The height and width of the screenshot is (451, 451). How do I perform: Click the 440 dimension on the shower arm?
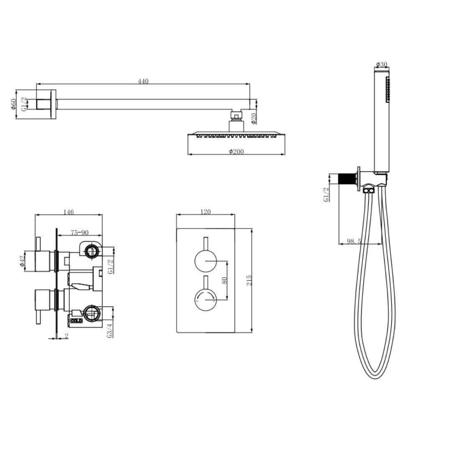(x=143, y=81)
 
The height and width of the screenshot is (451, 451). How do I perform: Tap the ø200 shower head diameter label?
(x=236, y=152)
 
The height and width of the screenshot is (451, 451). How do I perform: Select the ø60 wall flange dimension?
(x=14, y=104)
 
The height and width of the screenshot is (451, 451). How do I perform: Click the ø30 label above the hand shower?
(x=382, y=64)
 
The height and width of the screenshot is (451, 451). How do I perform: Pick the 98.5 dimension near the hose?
(x=353, y=241)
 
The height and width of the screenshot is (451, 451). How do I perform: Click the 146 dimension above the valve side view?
(x=69, y=212)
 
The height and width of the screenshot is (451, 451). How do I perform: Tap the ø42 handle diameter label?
(x=22, y=261)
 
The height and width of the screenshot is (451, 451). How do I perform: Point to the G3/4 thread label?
(x=110, y=330)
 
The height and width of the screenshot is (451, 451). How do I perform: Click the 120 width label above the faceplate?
(x=205, y=212)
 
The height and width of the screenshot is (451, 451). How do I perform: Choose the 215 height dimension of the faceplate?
(x=249, y=280)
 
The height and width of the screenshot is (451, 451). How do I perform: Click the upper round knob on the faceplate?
(x=205, y=261)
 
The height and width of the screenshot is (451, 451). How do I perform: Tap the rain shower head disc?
(x=236, y=135)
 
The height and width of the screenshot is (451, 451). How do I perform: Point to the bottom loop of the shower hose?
(x=375, y=374)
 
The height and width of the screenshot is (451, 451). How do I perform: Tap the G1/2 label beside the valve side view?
(x=110, y=266)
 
